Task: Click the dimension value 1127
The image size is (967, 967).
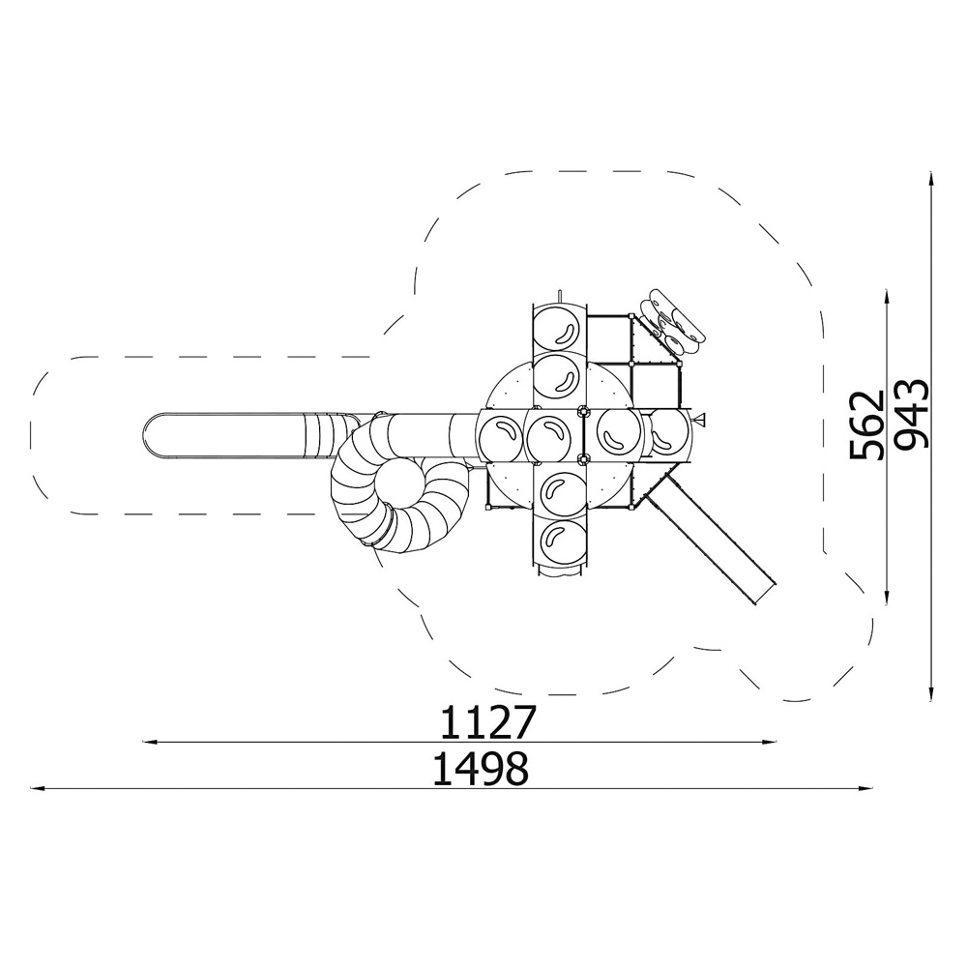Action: (485, 722)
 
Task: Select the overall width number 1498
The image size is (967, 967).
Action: (481, 769)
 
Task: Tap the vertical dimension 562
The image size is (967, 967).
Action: (866, 425)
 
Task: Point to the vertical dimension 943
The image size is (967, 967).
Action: (911, 414)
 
